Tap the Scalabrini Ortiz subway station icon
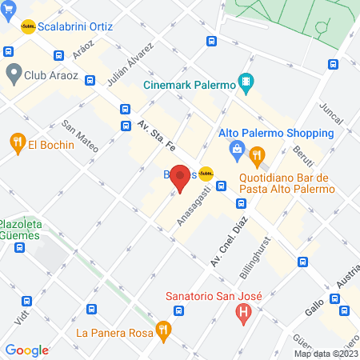point(28,26)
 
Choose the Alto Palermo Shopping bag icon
point(237,149)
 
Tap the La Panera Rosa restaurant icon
point(163,328)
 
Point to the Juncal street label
point(330,116)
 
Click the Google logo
point(26,350)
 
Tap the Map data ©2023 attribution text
point(326,354)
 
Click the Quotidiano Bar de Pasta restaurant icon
point(256,155)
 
